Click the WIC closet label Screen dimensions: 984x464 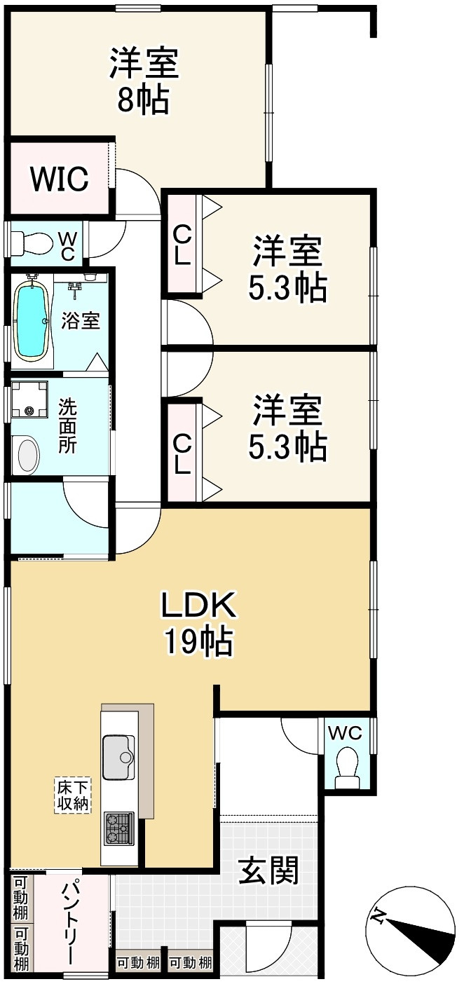(x=59, y=179)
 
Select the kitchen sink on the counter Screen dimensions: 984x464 (x=118, y=757)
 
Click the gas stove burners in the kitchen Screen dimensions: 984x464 (x=118, y=828)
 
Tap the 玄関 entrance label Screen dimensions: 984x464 (x=269, y=871)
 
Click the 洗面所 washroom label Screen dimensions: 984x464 (x=67, y=425)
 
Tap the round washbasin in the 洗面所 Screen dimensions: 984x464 (x=29, y=453)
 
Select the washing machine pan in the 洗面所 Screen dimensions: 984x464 (x=29, y=399)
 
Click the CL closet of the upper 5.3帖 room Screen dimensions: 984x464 (x=182, y=244)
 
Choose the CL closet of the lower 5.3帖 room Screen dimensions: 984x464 (x=182, y=454)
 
